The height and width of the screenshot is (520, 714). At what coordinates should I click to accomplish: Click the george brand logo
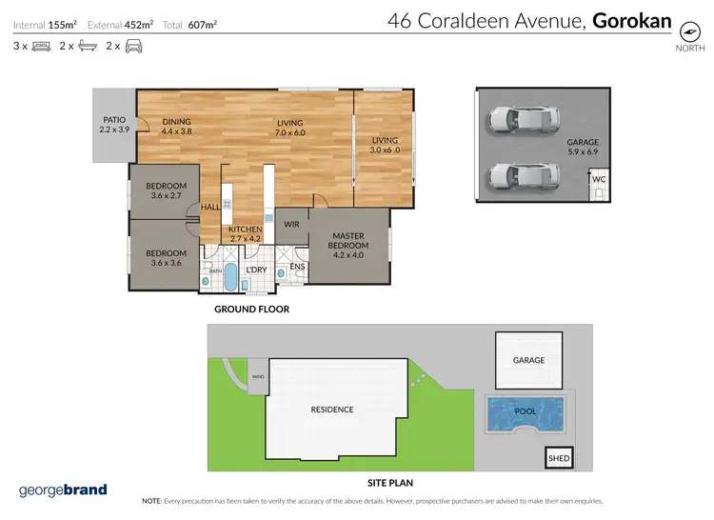point(63,490)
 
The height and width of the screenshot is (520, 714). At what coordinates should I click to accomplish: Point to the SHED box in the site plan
point(559,458)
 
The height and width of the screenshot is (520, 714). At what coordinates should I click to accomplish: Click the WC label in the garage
point(599,179)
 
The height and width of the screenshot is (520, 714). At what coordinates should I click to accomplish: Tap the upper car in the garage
point(520,120)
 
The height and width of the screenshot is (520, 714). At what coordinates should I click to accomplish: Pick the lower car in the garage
point(520,176)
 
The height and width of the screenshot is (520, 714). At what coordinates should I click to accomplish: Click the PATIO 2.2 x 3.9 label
point(114,125)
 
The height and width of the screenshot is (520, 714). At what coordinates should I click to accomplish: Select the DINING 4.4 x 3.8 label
point(176,127)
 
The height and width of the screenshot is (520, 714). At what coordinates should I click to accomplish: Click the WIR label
point(292,225)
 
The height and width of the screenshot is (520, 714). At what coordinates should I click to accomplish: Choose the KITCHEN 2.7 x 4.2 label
point(245,234)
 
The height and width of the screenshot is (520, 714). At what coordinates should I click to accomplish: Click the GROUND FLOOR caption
point(251,310)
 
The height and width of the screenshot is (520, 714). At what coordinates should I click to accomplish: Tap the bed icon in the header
point(41,46)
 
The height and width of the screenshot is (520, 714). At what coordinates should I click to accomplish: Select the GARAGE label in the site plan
point(529,360)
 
